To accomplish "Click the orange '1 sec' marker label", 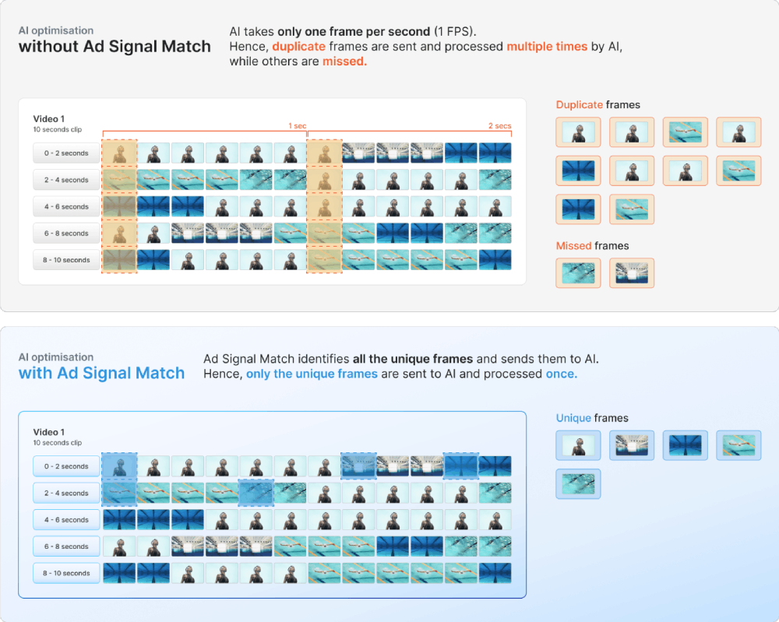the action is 297,125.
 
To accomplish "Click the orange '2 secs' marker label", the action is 499,125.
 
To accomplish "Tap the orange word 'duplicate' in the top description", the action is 298,46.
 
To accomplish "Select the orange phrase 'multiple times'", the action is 547,46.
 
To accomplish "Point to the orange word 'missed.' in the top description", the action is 345,61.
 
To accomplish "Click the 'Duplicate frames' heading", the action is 597,105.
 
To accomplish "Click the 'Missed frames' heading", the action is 592,246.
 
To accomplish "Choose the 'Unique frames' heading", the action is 592,418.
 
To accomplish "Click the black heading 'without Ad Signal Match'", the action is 115,46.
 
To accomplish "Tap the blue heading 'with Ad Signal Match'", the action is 101,373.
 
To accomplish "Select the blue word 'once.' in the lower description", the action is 562,374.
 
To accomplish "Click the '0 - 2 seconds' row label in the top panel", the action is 66,153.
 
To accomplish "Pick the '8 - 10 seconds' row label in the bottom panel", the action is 66,573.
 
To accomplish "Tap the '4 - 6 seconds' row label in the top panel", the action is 66,206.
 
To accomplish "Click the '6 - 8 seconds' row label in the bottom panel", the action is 66,546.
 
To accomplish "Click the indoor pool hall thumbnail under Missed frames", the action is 632,273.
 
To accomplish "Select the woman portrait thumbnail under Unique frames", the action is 578,445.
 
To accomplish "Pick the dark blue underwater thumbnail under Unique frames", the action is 685,445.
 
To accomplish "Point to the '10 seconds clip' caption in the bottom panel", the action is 58,443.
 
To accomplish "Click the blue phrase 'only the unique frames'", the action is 312,374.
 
